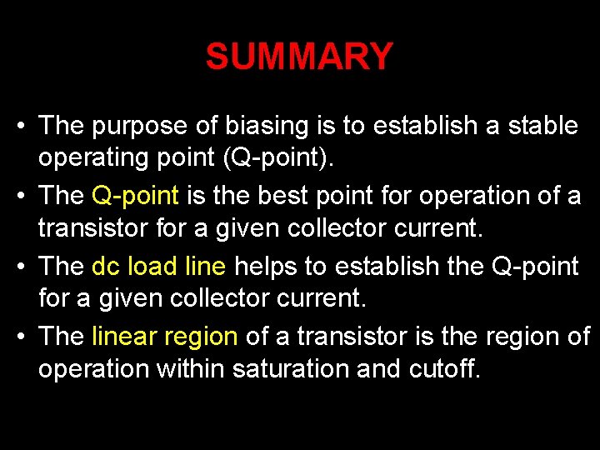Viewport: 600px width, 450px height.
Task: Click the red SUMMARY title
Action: point(299,57)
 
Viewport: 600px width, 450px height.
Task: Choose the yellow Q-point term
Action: point(136,197)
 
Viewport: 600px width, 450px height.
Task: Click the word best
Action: point(291,196)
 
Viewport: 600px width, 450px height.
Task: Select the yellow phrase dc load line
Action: point(159,267)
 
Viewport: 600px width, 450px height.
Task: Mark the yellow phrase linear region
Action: point(166,337)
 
